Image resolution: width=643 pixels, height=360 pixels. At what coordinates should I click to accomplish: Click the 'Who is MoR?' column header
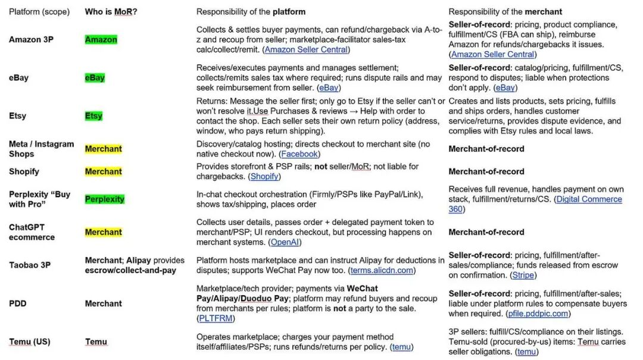(111, 11)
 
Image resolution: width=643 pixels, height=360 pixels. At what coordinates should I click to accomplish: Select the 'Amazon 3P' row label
(30, 40)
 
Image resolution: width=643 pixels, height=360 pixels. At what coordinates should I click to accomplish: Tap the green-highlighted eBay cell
(95, 77)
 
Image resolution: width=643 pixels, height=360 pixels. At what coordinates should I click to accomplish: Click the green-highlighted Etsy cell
(93, 116)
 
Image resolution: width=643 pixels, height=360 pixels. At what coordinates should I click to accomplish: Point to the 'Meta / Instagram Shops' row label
(41, 149)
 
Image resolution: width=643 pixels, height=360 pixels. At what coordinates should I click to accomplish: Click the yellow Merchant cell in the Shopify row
(103, 171)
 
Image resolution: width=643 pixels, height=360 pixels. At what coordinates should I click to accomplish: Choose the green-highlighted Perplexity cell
(105, 199)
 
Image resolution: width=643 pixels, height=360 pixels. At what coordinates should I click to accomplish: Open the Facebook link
(299, 154)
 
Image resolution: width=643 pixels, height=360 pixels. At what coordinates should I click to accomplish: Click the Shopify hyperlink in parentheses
(264, 177)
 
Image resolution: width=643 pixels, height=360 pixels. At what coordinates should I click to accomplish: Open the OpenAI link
(285, 242)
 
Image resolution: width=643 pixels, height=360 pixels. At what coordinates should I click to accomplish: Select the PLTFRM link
(215, 318)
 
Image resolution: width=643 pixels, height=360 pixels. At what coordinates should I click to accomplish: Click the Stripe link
(523, 275)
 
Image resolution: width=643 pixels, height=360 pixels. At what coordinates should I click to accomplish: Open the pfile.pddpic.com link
(538, 314)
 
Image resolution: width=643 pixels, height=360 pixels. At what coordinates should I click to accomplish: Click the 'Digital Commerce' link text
(589, 199)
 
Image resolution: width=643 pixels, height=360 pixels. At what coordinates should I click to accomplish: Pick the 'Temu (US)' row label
(29, 342)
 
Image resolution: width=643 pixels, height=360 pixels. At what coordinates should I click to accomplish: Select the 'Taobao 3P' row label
(30, 265)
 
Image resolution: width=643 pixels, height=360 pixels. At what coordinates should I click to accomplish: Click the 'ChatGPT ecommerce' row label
(32, 232)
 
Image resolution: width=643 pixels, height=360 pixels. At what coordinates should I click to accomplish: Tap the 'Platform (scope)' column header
(39, 11)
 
